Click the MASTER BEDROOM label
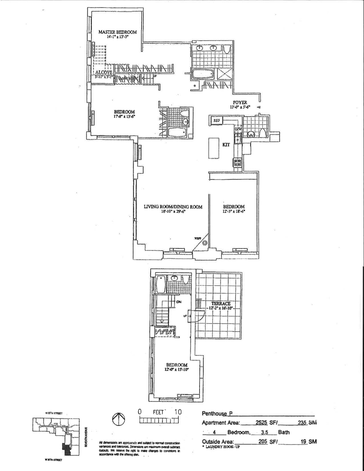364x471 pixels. click(117, 32)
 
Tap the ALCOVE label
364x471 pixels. click(104, 72)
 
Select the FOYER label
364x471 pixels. click(240, 103)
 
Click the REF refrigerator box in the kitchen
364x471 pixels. click(216, 120)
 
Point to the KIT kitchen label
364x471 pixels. click(226, 145)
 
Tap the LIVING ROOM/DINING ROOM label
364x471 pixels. click(173, 207)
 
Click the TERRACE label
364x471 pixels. click(221, 304)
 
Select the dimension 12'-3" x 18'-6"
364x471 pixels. click(234, 212)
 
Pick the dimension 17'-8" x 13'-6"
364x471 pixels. click(125, 117)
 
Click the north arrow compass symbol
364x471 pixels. click(118, 420)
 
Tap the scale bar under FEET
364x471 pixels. click(159, 420)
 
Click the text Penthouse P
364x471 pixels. click(217, 414)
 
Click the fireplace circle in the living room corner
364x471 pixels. click(205, 243)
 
